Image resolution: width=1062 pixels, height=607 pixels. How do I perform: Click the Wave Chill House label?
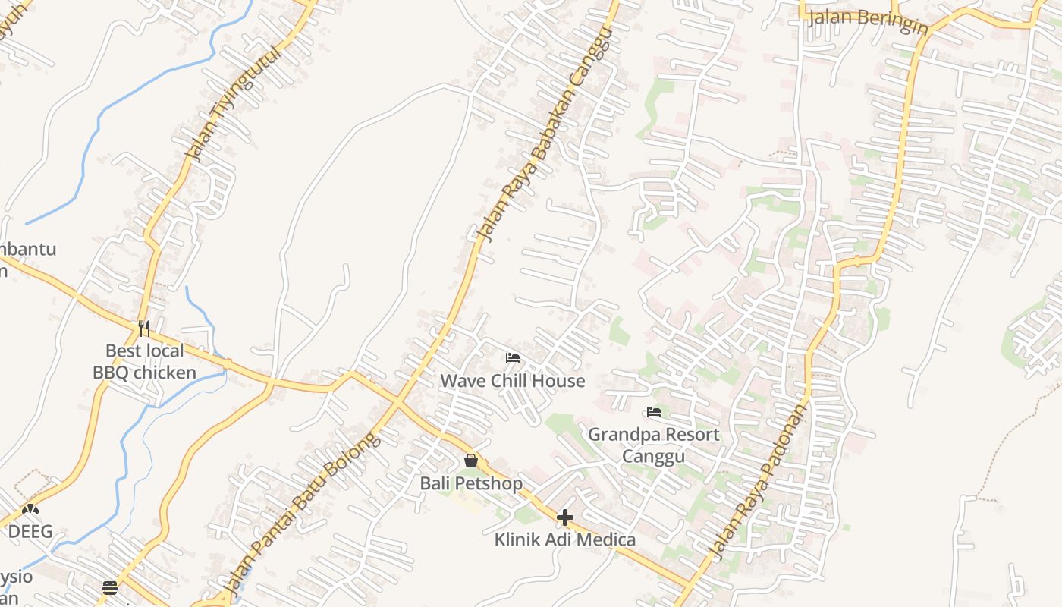coord(513,380)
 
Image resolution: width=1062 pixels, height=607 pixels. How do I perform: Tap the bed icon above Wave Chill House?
coord(513,357)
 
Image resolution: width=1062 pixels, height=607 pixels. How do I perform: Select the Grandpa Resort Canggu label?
coord(654,445)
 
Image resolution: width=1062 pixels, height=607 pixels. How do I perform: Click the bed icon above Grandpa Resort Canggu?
coord(654,412)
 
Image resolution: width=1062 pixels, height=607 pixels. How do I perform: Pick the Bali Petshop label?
coord(471,483)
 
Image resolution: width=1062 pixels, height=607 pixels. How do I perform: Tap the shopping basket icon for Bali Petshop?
coord(471,461)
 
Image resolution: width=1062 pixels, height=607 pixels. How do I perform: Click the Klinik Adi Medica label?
coord(565,539)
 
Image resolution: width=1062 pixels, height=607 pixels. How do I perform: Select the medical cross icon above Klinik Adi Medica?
coord(565,517)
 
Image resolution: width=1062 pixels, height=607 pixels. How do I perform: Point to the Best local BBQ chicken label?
coord(144,361)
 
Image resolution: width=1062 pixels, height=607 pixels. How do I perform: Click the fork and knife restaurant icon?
coord(144,328)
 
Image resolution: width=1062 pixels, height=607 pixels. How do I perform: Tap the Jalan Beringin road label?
coord(868,21)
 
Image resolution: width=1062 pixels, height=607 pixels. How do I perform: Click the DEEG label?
coord(30,531)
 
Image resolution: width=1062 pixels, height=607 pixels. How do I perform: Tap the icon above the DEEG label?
coord(30,509)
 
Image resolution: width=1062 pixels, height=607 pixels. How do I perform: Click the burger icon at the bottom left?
coord(110,587)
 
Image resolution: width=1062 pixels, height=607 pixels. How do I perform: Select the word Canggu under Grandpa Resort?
coord(654,455)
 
